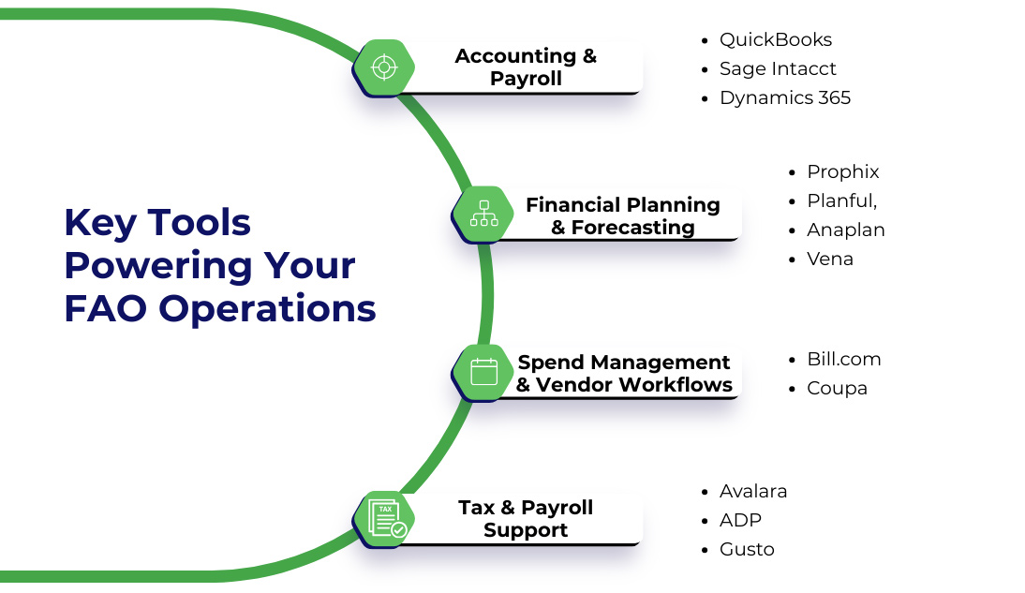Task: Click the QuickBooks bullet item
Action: point(775,39)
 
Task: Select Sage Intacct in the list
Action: point(778,68)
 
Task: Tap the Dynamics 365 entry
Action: point(784,97)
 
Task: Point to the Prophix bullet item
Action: point(842,171)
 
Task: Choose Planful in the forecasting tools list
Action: point(841,200)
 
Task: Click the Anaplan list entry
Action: point(845,230)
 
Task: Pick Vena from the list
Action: point(829,259)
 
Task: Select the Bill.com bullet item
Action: point(843,359)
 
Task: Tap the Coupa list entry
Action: point(837,388)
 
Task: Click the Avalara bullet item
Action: point(752,491)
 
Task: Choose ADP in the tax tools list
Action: point(740,520)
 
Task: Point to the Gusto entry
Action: point(747,549)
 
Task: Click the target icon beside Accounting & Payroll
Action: point(383,67)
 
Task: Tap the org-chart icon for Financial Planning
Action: point(483,214)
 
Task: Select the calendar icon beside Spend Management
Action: point(483,372)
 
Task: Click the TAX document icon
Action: point(385,518)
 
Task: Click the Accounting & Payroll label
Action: point(526,67)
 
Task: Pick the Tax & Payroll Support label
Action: point(526,518)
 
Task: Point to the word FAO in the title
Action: point(102,308)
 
